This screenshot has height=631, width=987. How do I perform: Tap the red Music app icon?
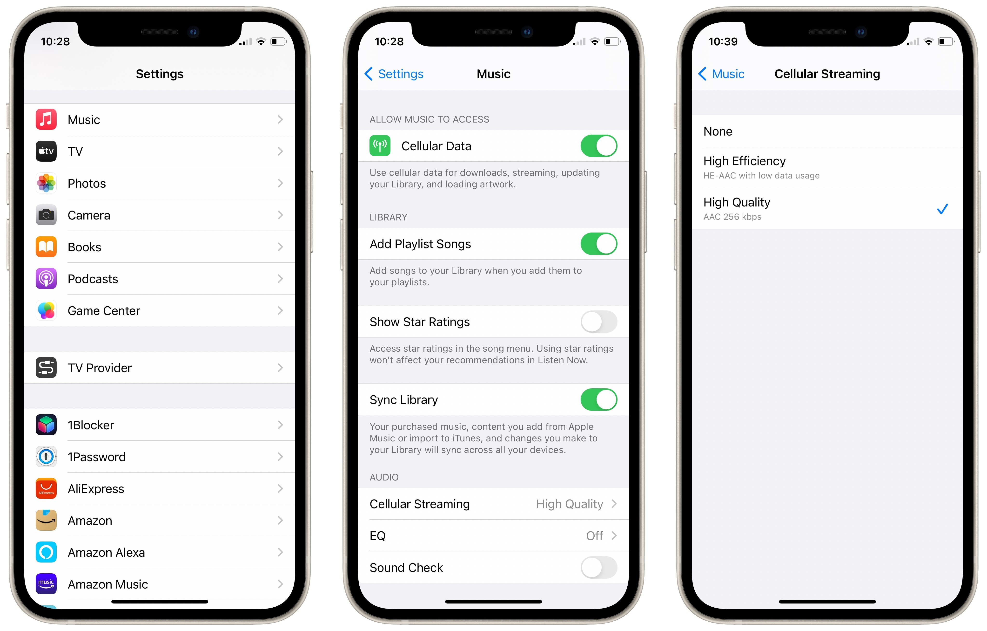point(46,119)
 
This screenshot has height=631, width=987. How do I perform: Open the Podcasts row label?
point(93,279)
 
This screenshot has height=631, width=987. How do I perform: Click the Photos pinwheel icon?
point(46,183)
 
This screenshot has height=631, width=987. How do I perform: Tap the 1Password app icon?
point(46,457)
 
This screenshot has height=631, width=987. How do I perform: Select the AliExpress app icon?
point(46,489)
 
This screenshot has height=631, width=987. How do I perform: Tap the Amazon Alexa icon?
point(46,552)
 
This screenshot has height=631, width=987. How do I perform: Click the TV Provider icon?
point(46,368)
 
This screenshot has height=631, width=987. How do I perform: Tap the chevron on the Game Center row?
point(280,311)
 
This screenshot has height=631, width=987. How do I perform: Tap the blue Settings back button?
point(394,74)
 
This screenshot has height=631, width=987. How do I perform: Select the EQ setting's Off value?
point(594,536)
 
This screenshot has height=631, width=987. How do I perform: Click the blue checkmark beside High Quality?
point(942,209)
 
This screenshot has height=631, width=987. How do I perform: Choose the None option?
point(718,131)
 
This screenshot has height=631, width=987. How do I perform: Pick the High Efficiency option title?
point(744,161)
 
